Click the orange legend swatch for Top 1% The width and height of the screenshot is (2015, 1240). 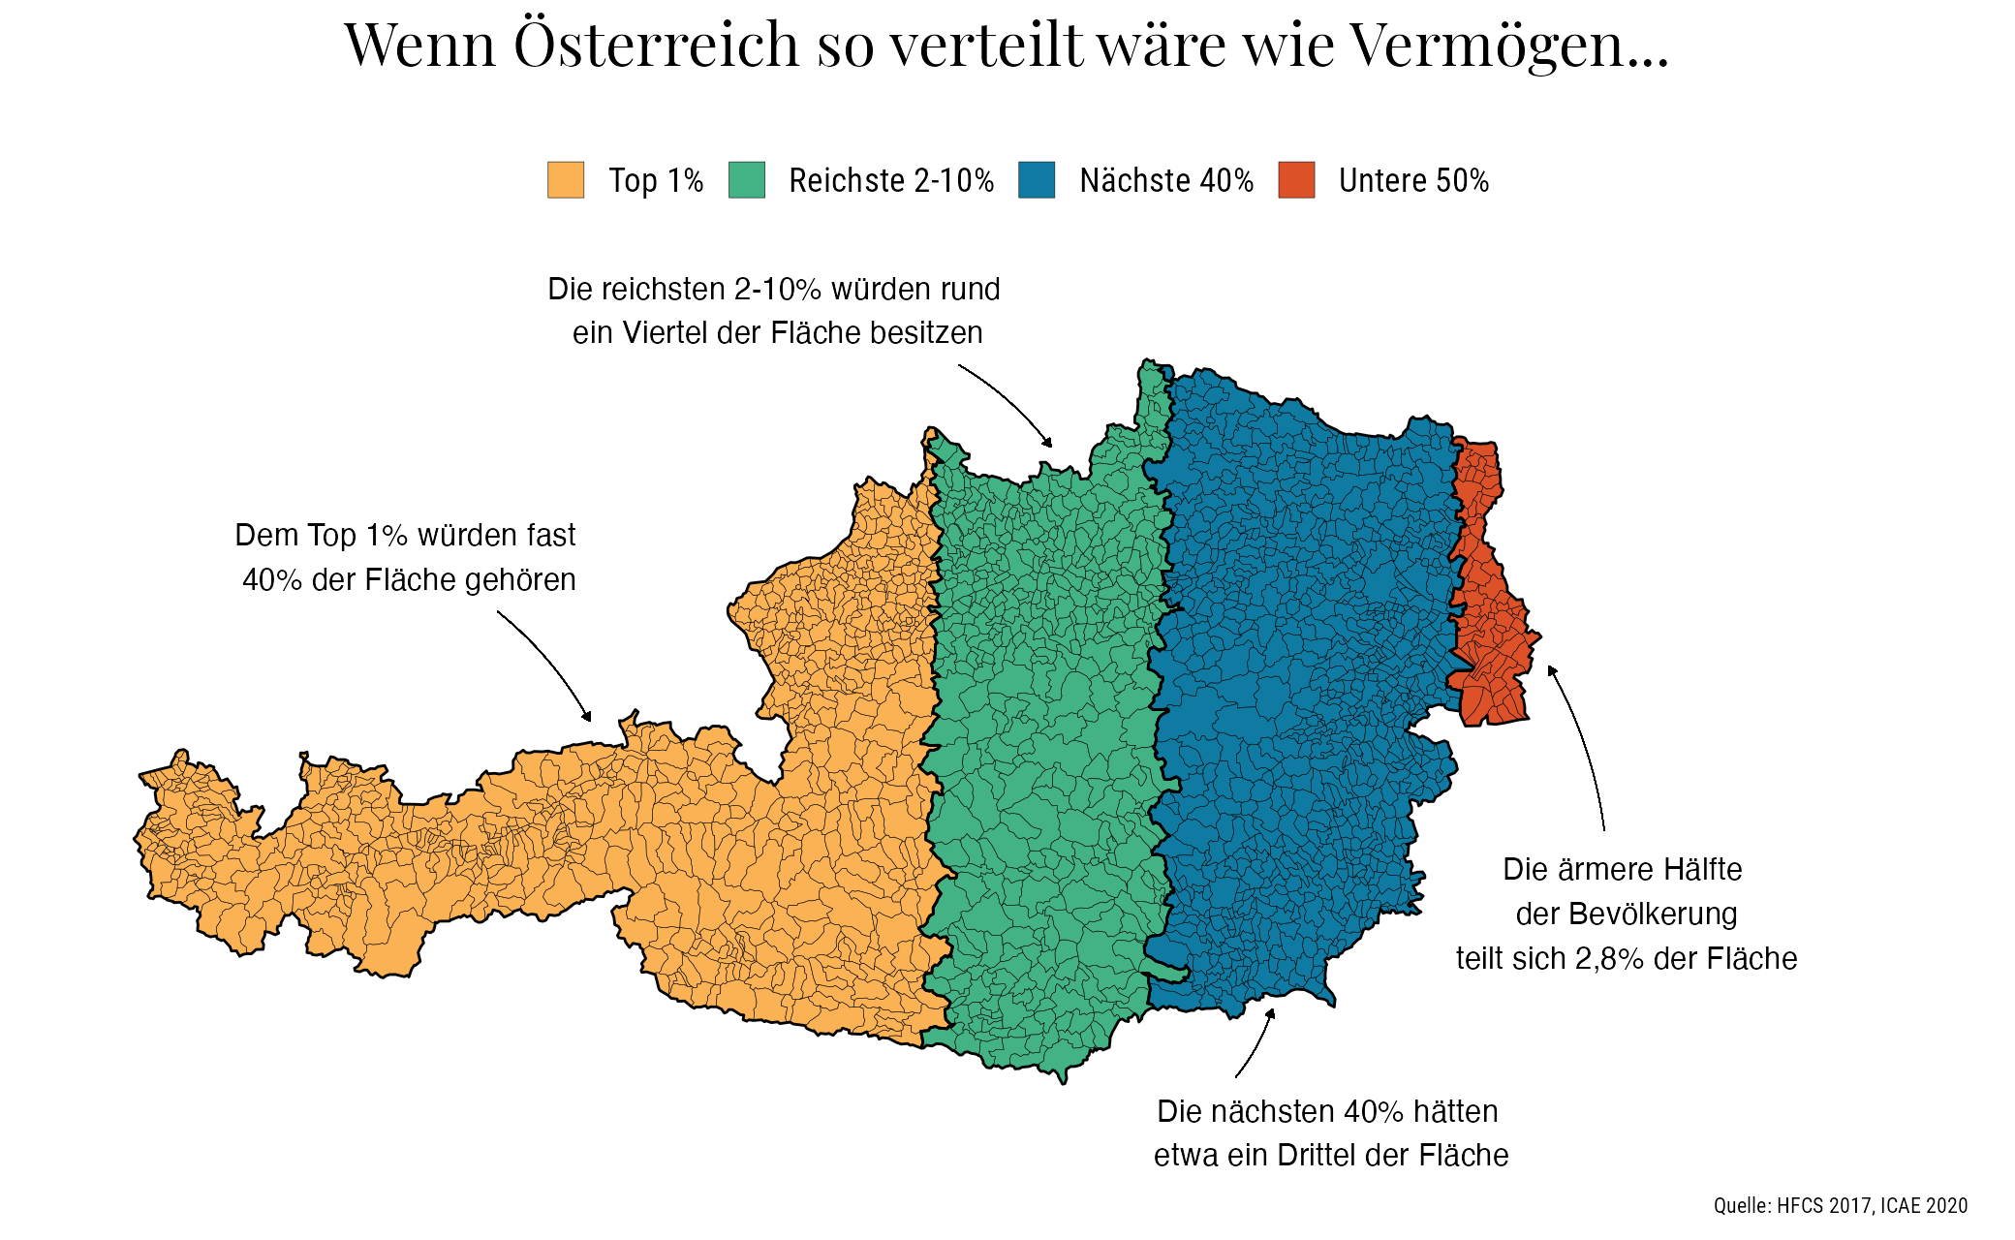(x=566, y=180)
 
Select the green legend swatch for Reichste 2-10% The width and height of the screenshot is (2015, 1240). (x=747, y=180)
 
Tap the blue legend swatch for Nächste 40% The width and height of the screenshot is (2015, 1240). (x=1037, y=180)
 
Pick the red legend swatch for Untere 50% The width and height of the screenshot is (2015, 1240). (x=1296, y=180)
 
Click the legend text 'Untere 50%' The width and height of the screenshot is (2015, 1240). (x=1413, y=181)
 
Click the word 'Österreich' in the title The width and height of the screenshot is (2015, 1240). (x=657, y=45)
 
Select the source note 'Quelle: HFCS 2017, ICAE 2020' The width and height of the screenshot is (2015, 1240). (x=1840, y=1205)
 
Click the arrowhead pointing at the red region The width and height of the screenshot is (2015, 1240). (x=1551, y=670)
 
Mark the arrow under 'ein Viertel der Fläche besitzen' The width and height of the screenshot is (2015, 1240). (x=1007, y=402)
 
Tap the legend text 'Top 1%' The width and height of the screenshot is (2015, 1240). (x=656, y=181)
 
